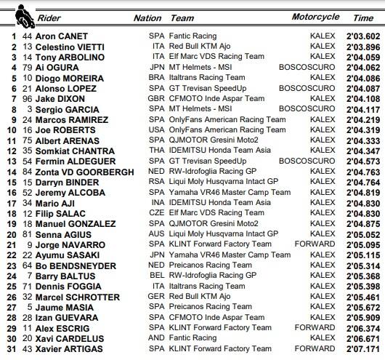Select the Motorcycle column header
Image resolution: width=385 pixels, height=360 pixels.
(315, 17)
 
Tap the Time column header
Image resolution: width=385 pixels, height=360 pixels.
(363, 17)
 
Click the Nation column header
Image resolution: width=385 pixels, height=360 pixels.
(147, 17)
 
